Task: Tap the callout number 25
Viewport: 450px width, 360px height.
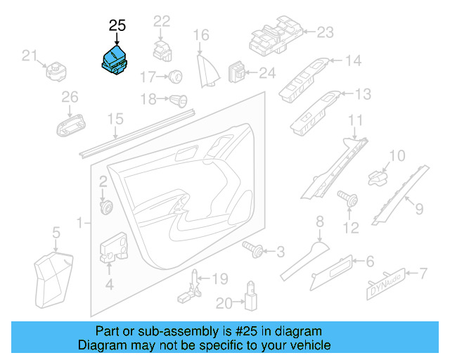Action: point(117,26)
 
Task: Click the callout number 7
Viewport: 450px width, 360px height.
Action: point(423,272)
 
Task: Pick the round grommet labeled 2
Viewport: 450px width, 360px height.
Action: point(108,207)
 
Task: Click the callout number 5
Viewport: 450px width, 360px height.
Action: point(56,231)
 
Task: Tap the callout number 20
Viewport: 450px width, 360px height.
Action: point(224,303)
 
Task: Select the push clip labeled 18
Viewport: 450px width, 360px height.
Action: point(177,99)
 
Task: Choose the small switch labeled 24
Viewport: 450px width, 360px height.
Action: point(240,72)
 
